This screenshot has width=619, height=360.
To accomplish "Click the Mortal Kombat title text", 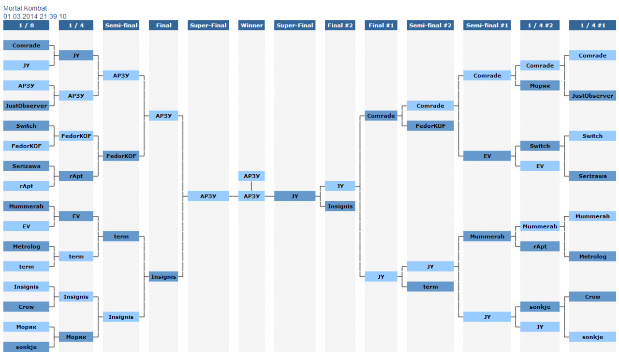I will [x=25, y=8].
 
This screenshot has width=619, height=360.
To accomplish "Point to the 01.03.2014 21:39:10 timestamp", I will [x=35, y=16].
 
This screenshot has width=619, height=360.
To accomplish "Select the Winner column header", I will [x=251, y=25].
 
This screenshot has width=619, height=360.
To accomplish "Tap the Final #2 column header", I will [x=340, y=25].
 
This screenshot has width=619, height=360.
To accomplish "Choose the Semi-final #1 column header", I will [x=487, y=25].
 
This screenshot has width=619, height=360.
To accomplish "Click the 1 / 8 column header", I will [x=26, y=25].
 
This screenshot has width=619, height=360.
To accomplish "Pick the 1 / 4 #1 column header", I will [x=592, y=25].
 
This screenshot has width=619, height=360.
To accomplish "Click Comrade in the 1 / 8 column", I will [x=26, y=45].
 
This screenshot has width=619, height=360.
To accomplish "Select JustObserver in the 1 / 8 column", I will [x=26, y=105].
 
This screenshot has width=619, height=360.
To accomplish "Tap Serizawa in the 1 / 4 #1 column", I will [x=592, y=176].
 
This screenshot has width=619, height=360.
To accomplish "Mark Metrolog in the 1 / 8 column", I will [x=26, y=246].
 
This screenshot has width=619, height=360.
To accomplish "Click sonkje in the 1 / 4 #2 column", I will [x=540, y=307].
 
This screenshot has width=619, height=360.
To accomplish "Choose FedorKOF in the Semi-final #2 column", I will [x=430, y=126].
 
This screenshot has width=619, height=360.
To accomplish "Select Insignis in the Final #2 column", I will [x=340, y=206].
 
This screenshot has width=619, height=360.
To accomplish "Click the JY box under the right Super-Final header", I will [x=295, y=196].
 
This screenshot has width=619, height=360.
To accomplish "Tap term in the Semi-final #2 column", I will [x=430, y=286].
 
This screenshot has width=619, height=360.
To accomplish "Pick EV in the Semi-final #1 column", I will [x=487, y=156].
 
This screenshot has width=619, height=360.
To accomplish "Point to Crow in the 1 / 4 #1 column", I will [x=592, y=297].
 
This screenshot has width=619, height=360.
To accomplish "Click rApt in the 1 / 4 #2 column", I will [x=540, y=246].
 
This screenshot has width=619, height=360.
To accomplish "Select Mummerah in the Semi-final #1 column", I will [x=487, y=236].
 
